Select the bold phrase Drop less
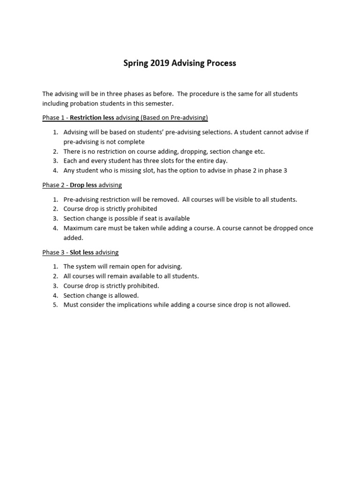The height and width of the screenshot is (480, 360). [x=83, y=185]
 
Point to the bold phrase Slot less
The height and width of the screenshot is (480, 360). [x=82, y=253]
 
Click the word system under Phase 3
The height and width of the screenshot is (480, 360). [x=86, y=266]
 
